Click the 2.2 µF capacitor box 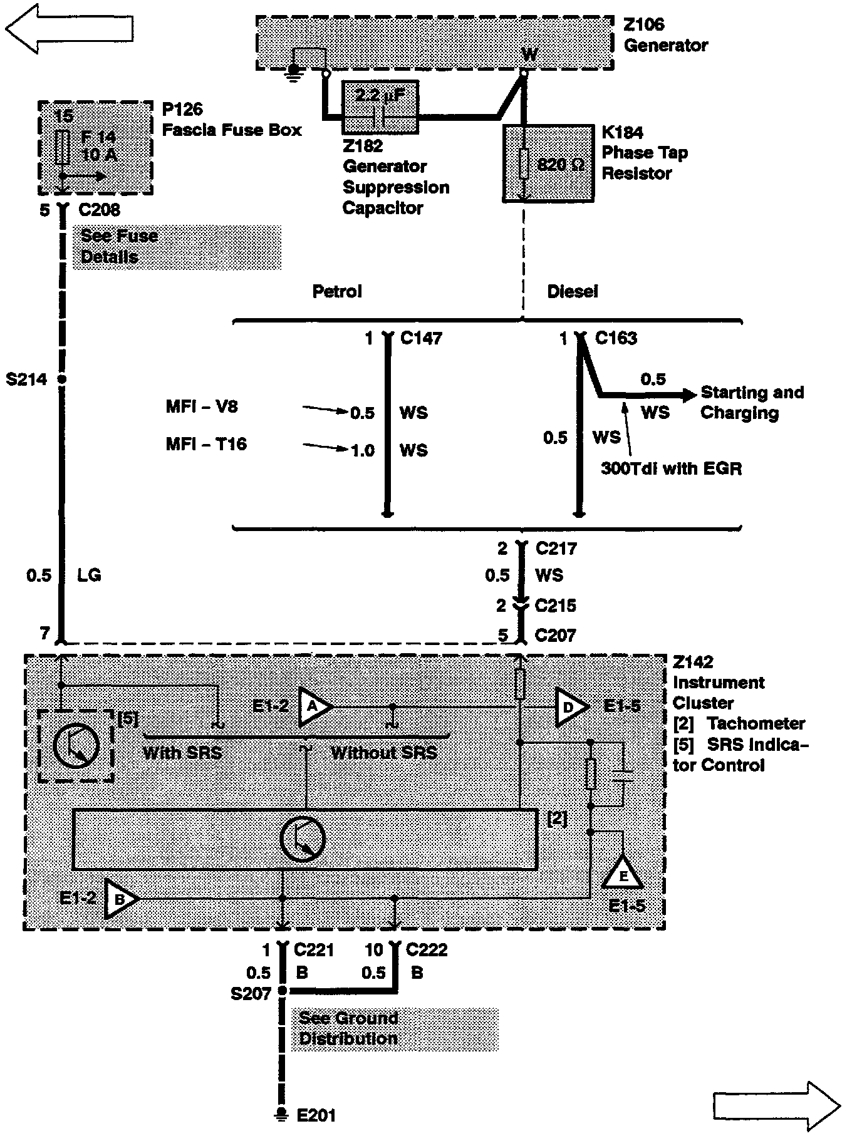coord(380,107)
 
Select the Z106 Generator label coord(665,35)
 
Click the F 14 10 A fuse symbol coord(62,147)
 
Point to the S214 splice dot coord(61,379)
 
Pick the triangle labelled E coord(623,874)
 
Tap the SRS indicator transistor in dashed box coord(76,745)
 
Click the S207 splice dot coord(282,991)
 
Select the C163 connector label coord(615,338)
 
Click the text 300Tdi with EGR coord(671,468)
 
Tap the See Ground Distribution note coord(348,1028)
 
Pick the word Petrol coord(337,291)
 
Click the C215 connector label coord(555,606)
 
